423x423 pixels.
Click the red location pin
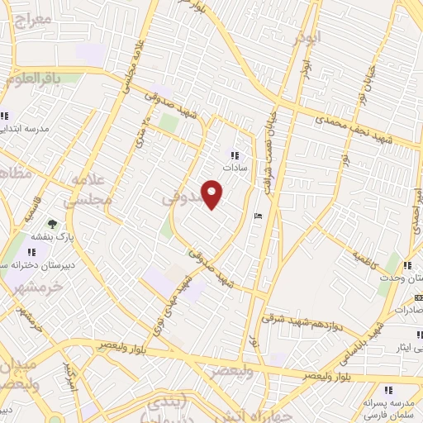pyautogui.click(x=212, y=194)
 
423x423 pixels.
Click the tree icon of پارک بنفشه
pyautogui.click(x=53, y=224)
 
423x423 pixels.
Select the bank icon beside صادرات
pyautogui.click(x=419, y=297)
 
